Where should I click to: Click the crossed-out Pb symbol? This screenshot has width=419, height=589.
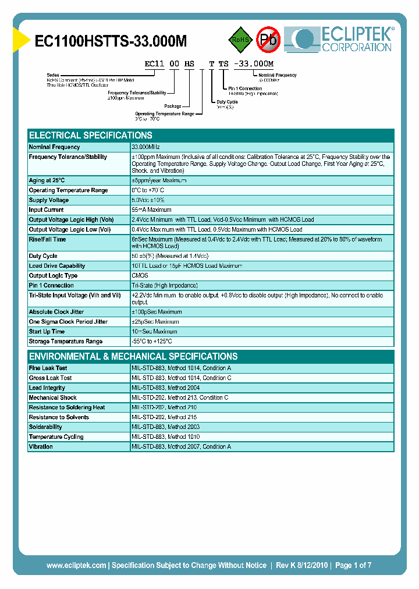coord(268,40)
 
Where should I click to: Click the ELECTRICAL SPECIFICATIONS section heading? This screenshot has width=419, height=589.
coord(91,135)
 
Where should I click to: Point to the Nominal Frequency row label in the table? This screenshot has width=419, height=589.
coord(55,147)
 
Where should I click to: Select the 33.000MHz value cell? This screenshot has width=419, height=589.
coord(145,147)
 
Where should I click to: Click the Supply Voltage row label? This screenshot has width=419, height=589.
coord(49,200)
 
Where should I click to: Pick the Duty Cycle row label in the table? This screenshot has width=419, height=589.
coord(43,256)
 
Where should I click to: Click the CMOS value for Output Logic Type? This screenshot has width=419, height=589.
coord(140,276)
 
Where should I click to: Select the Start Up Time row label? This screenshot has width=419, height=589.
coord(47,332)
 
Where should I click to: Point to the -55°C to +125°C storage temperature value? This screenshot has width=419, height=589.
coord(152,342)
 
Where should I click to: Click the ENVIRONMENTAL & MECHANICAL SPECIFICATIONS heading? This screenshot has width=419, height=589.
coord(133,356)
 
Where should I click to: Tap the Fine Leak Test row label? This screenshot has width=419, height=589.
coord(48,368)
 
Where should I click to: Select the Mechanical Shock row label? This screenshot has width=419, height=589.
coord(53,398)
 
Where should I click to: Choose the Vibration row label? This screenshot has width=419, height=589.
coord(41,447)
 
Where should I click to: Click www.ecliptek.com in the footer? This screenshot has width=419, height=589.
coord(76,565)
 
